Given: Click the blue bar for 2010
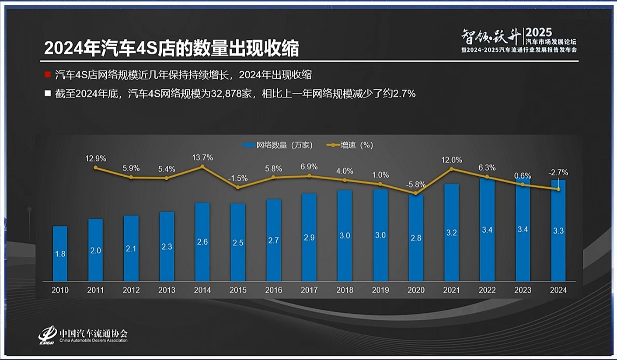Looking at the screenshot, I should [60, 254].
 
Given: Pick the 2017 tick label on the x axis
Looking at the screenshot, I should [309, 290].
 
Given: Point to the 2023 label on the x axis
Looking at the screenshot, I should [523, 290].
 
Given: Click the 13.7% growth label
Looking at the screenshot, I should [202, 157].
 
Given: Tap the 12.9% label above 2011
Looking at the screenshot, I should [96, 158].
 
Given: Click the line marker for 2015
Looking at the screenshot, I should [238, 187].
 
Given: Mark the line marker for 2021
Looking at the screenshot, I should [452, 169].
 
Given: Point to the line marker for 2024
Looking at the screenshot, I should [558, 189].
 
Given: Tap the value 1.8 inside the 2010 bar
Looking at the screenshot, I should [60, 254].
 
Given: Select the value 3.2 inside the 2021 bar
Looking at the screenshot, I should [452, 233].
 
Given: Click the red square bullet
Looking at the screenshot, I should [48, 74].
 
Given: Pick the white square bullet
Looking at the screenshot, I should [48, 94].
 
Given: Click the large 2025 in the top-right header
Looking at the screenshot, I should [539, 32].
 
